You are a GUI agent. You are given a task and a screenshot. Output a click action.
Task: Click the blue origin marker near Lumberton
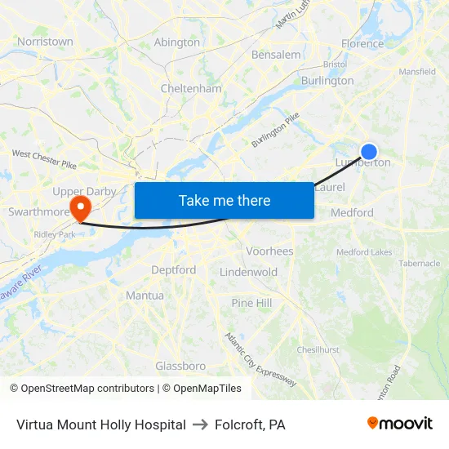369,151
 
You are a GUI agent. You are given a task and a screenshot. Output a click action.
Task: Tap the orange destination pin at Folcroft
79,207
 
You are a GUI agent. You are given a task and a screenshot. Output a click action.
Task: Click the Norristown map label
45,41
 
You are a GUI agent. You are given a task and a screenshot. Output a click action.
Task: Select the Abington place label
176,42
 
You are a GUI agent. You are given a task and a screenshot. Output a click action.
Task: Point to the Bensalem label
276,55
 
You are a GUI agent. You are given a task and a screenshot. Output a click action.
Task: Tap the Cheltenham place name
191,88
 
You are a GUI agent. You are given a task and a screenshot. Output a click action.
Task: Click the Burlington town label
327,81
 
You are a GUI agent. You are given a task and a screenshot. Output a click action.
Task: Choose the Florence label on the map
362,43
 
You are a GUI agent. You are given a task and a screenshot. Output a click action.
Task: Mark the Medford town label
352,213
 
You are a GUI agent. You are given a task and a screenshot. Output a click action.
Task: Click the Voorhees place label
269,251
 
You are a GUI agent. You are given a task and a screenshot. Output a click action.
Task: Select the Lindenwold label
249,272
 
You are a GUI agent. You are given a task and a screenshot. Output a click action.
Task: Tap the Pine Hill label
251,303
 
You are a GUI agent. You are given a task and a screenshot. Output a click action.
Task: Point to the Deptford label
173,270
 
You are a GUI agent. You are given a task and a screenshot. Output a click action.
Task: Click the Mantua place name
144,296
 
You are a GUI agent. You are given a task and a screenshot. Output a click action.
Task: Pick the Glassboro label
180,366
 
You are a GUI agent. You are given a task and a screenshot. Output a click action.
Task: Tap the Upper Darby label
84,191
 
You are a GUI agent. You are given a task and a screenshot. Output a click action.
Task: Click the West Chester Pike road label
44,158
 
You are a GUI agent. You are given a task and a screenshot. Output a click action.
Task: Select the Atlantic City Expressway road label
260,359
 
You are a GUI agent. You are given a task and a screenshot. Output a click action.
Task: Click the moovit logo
400,424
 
